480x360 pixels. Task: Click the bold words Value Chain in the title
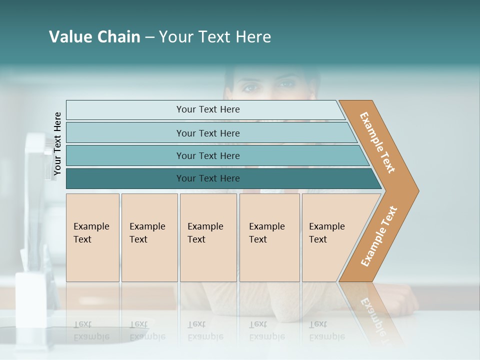click(94, 37)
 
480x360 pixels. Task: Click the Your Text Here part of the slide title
click(215, 37)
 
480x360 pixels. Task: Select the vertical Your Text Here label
click(57, 144)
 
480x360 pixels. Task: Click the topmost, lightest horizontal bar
click(207, 109)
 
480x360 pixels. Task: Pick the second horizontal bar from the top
click(207, 133)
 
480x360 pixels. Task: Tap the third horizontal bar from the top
click(207, 155)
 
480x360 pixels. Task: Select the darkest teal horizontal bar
click(207, 178)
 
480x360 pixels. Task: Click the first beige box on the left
click(92, 237)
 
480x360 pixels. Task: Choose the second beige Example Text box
click(149, 237)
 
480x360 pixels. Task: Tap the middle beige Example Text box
click(208, 237)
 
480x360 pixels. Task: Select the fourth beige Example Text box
click(269, 237)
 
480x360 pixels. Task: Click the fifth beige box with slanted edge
click(330, 237)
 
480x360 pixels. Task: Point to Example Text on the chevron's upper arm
click(377, 142)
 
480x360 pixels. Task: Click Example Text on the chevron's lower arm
click(379, 236)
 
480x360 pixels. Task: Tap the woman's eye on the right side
click(286, 84)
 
